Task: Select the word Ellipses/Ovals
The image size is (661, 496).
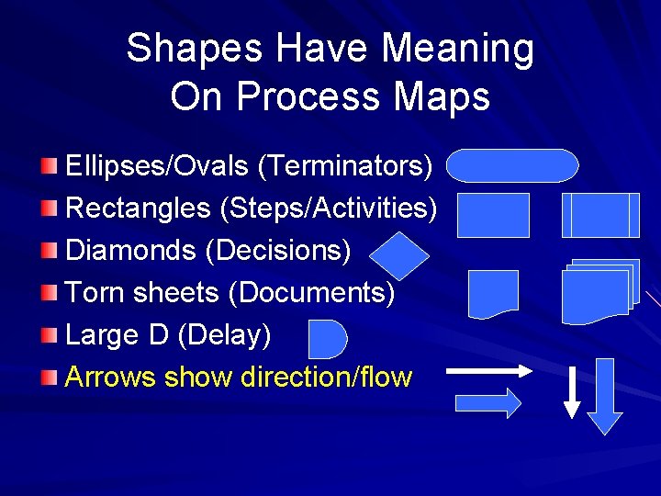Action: click(157, 166)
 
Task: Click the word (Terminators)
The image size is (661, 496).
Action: click(345, 166)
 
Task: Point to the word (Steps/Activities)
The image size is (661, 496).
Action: click(329, 209)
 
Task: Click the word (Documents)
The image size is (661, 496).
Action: click(311, 292)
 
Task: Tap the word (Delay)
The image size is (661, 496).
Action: click(224, 334)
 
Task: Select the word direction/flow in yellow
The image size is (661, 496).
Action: click(325, 377)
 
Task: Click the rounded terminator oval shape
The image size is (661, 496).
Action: click(513, 166)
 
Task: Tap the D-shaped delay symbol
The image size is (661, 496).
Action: click(327, 339)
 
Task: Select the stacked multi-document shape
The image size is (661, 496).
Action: click(599, 292)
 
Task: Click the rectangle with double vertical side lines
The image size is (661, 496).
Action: click(600, 215)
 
